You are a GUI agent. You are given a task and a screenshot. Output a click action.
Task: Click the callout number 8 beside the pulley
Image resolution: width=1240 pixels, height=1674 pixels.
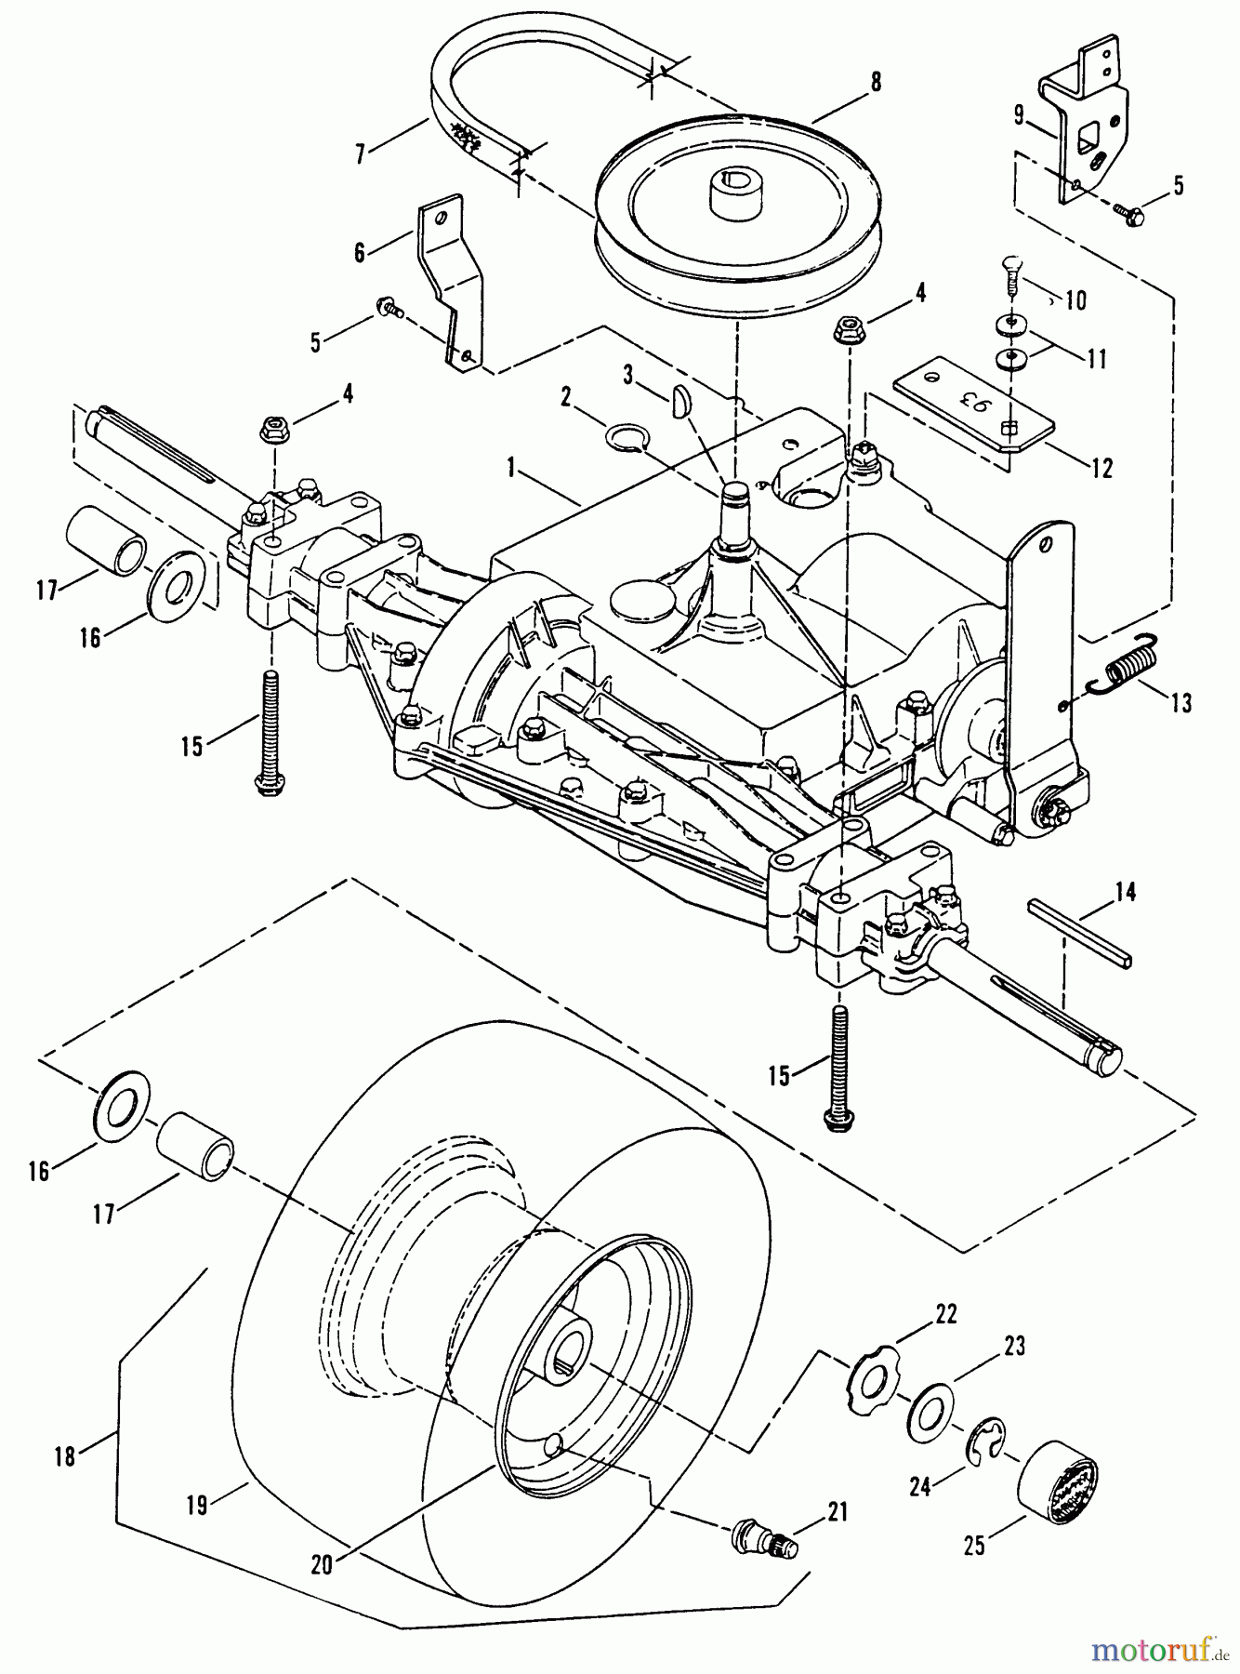[875, 83]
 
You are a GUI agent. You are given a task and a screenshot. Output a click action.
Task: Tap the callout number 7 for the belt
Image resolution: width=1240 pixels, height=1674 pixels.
[362, 153]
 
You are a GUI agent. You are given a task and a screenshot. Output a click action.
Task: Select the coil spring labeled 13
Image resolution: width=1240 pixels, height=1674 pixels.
[1128, 668]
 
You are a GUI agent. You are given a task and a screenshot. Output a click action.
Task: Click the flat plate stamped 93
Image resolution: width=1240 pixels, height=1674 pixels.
[975, 409]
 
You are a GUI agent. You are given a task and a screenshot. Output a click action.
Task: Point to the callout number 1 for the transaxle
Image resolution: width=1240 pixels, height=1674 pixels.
[510, 469]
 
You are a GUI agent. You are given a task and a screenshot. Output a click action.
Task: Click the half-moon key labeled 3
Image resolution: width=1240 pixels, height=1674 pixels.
[678, 405]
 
